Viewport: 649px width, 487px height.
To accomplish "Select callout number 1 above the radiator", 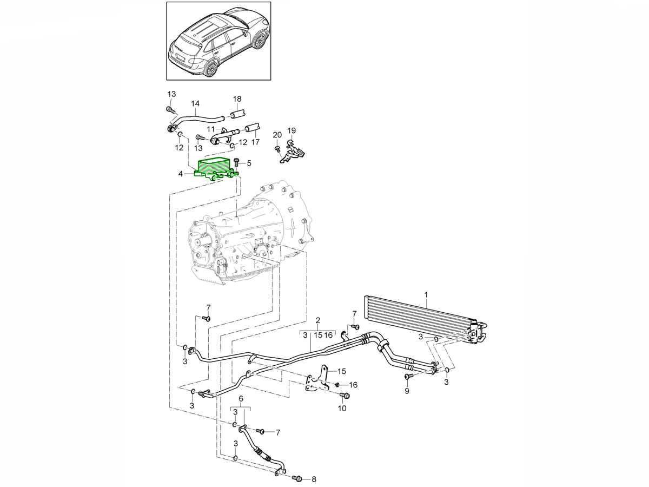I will pyautogui.click(x=426, y=295).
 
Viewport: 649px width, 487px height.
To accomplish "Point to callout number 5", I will pyautogui.click(x=249, y=162).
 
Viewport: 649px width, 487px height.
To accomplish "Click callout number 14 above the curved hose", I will pyautogui.click(x=195, y=103).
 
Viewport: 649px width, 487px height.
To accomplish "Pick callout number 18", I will pyautogui.click(x=237, y=98).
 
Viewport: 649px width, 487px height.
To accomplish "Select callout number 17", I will pyautogui.click(x=255, y=142).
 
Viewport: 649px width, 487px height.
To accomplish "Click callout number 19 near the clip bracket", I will pyautogui.click(x=292, y=130).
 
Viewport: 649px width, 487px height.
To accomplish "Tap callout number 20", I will pyautogui.click(x=277, y=135).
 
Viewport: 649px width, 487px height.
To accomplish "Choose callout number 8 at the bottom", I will pyautogui.click(x=314, y=479).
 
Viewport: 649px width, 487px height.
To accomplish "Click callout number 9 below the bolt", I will pyautogui.click(x=407, y=390).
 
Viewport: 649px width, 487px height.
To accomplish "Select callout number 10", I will pyautogui.click(x=342, y=409).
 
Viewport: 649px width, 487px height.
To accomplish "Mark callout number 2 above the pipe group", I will pyautogui.click(x=318, y=321).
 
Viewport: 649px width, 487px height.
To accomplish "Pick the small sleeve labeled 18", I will pyautogui.click(x=239, y=114).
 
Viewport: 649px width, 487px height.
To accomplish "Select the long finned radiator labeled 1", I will pyautogui.click(x=416, y=314).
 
